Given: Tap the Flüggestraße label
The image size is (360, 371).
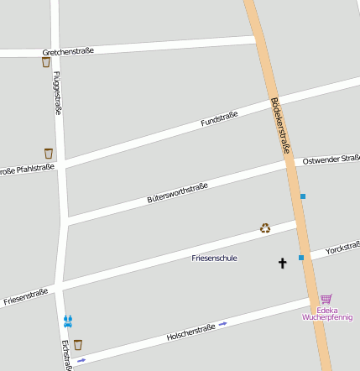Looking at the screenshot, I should pyautogui.click(x=57, y=91).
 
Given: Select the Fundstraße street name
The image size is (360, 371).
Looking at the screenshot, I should pyautogui.click(x=220, y=119).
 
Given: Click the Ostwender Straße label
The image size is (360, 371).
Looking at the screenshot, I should pyautogui.click(x=331, y=158).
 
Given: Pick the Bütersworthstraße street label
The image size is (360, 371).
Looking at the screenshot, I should pyautogui.click(x=177, y=193).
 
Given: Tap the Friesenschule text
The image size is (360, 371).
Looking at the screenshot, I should pyautogui.click(x=215, y=258).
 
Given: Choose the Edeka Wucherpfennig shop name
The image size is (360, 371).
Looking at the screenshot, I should pyautogui.click(x=327, y=313).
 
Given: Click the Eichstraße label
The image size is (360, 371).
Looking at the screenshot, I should pyautogui.click(x=66, y=355).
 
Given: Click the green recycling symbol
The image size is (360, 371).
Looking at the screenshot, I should pyautogui.click(x=265, y=228).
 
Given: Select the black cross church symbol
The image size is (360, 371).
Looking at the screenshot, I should pyautogui.click(x=282, y=264).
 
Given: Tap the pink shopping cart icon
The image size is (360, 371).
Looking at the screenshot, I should pyautogui.click(x=326, y=298).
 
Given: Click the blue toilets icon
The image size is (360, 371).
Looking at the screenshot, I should pyautogui.click(x=67, y=321).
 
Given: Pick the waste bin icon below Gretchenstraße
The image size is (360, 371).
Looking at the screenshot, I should pyautogui.click(x=46, y=62).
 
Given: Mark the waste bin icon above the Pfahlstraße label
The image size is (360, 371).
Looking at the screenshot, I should pyautogui.click(x=49, y=154).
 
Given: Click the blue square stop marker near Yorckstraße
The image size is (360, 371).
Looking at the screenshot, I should pyautogui.click(x=301, y=258).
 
